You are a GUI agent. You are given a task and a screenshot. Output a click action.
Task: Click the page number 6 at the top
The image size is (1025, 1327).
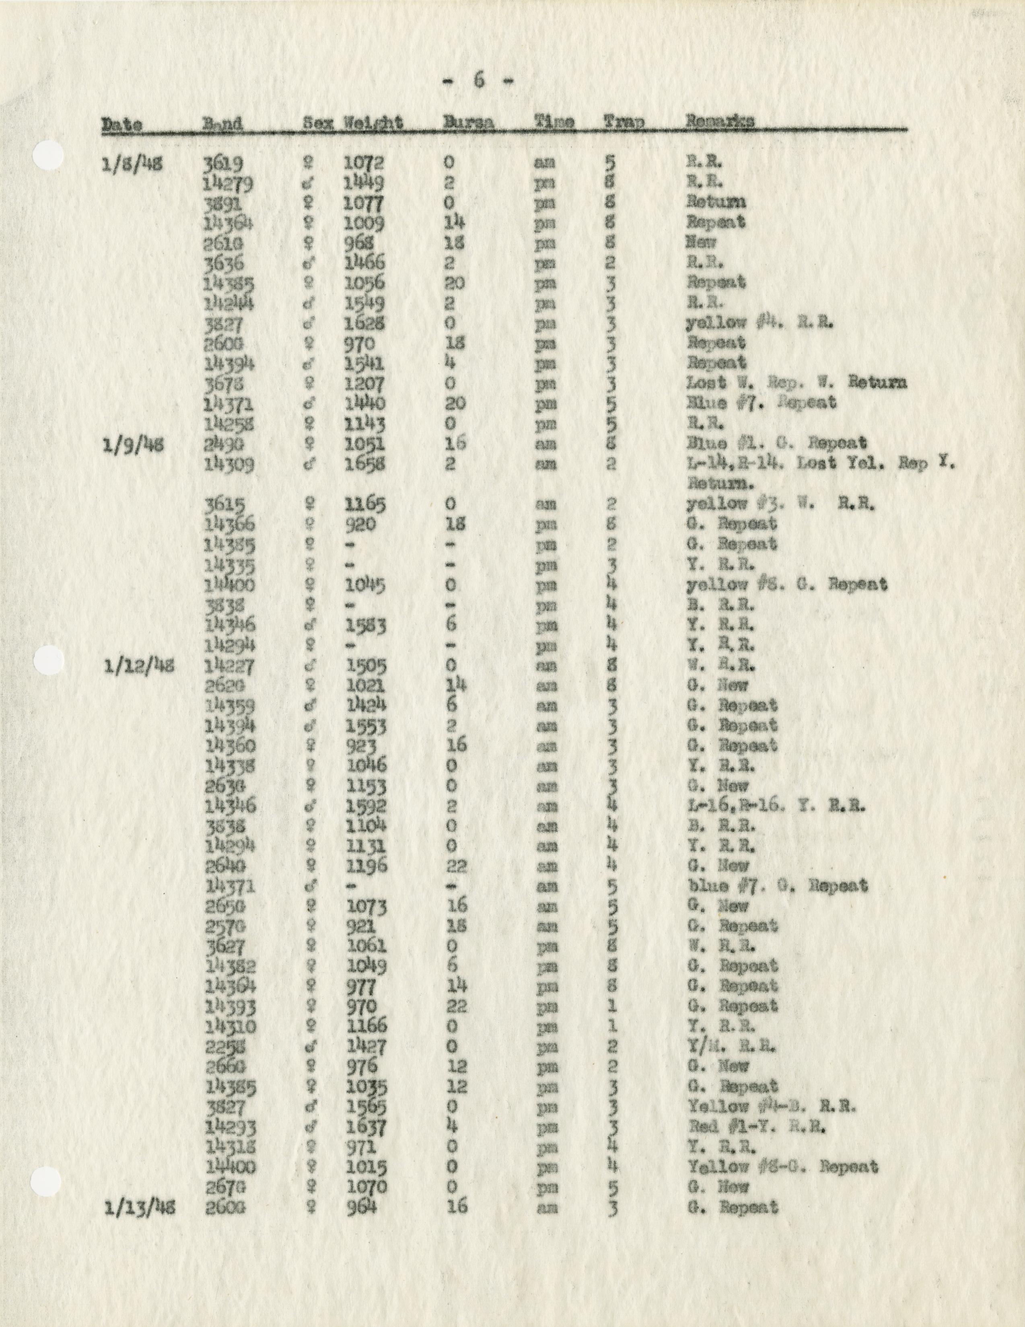tap(477, 81)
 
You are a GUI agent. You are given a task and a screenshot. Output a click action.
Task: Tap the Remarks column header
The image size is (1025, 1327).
tap(720, 122)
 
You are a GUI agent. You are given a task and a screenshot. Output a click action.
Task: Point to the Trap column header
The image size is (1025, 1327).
tap(624, 122)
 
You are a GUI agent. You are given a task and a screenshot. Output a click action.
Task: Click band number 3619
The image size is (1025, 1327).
tap(224, 163)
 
